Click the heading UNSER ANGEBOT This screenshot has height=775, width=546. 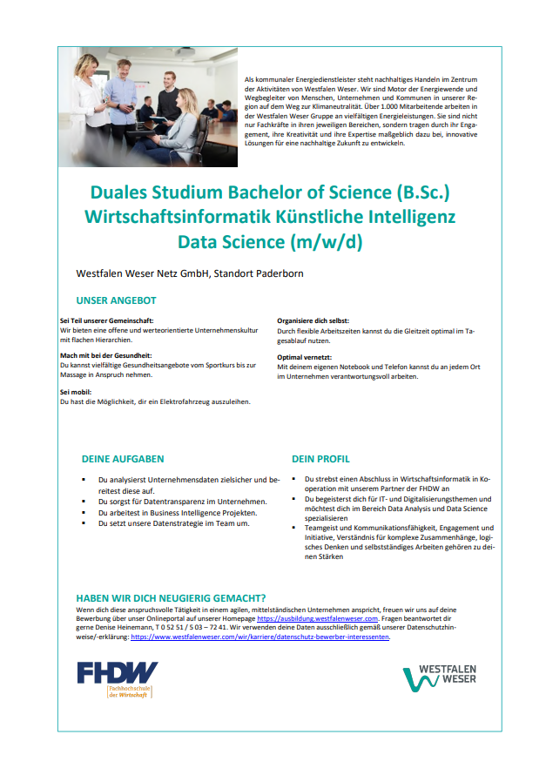(116, 301)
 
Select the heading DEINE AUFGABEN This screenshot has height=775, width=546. (123, 458)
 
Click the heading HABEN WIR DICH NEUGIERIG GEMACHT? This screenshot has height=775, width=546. (171, 598)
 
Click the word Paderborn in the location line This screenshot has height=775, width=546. (279, 274)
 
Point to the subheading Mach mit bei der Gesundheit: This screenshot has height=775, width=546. (106, 355)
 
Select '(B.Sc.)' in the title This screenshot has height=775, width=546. (423, 191)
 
